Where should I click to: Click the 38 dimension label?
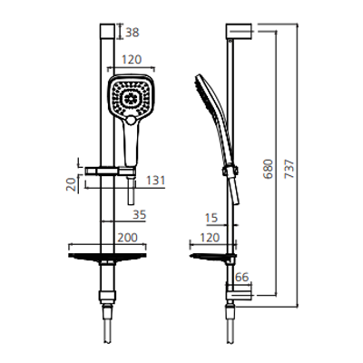(132, 33)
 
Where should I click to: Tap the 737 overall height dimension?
(289, 169)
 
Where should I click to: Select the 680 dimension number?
(268, 169)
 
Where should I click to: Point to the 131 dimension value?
(156, 181)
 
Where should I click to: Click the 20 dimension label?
(72, 184)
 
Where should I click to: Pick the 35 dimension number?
(140, 215)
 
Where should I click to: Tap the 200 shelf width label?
(127, 238)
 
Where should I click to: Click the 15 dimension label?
(211, 218)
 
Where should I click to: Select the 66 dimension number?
(241, 277)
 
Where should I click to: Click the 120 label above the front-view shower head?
(132, 60)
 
